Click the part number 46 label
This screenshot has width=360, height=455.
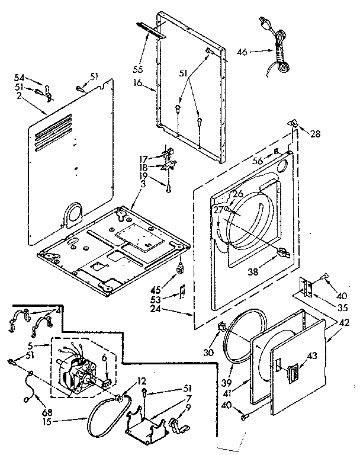pyautogui.click(x=242, y=52)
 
